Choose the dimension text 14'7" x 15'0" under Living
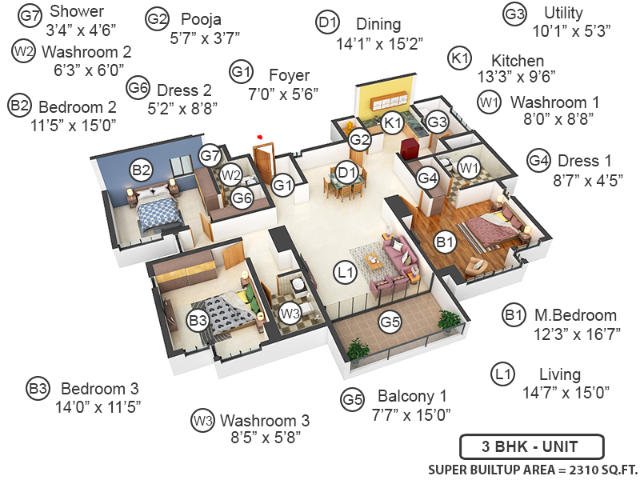(x=566, y=392)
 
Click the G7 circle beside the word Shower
(x=30, y=14)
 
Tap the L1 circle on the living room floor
(x=346, y=273)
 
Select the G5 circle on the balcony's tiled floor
(x=390, y=322)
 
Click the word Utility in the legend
(x=563, y=14)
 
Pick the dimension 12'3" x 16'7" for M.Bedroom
(x=578, y=333)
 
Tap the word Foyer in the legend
(x=290, y=76)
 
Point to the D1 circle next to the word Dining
(x=328, y=24)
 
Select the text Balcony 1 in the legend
(x=413, y=396)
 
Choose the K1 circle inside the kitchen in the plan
(x=391, y=122)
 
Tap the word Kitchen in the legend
(x=518, y=61)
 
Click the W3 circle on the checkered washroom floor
(x=290, y=312)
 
